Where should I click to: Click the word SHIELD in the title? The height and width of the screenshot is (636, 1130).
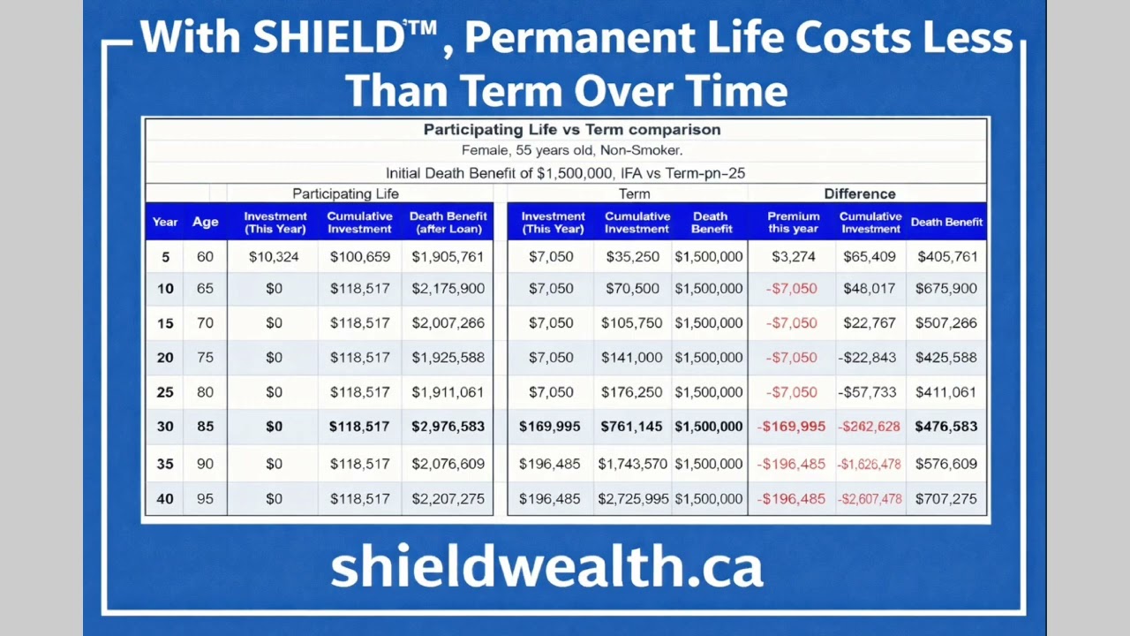point(328,38)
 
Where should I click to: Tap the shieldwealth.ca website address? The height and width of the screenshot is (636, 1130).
point(546,567)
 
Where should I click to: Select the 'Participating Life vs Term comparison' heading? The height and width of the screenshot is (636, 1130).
point(572,130)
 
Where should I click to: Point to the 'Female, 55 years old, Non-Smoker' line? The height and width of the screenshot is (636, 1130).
point(572,150)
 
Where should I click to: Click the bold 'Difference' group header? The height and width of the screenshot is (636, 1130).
point(859,193)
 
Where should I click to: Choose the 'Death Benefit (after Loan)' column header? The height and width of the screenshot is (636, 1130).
point(448,223)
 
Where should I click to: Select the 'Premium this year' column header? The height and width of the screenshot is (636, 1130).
point(793,223)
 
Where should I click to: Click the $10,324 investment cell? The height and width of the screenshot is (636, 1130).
point(274,257)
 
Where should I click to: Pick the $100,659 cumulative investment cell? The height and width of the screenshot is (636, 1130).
point(359,257)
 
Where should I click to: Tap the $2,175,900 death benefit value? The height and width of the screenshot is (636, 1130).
point(448,289)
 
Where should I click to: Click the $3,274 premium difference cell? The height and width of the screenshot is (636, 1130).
point(793,257)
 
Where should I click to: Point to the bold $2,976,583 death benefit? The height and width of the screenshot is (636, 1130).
point(448,427)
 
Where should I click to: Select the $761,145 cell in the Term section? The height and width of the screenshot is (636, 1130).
point(633,427)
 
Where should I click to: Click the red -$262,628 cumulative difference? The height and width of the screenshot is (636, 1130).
point(870,427)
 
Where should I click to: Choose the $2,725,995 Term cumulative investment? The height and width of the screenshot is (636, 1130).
point(633,499)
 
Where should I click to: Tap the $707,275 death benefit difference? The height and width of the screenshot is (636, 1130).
point(945,499)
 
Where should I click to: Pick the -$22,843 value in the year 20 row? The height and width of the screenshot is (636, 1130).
point(870,358)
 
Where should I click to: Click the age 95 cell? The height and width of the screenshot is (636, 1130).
point(205,499)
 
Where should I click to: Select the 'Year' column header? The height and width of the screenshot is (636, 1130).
point(165,223)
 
